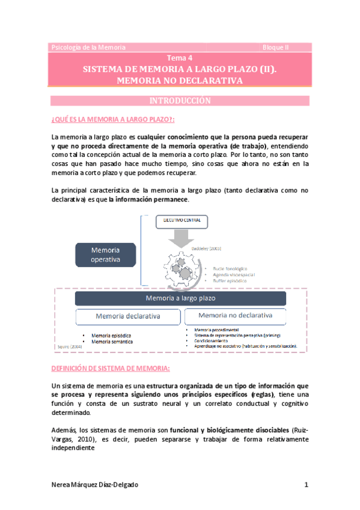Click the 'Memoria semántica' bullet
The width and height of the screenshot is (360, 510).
(x=112, y=342)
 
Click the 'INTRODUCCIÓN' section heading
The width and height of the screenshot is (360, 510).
(x=180, y=100)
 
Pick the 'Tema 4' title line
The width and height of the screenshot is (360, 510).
(x=180, y=58)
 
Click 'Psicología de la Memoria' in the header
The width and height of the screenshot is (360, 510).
(x=88, y=47)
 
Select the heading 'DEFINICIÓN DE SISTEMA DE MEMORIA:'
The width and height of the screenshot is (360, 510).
(x=111, y=368)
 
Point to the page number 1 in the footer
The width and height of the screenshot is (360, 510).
(x=306, y=485)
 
